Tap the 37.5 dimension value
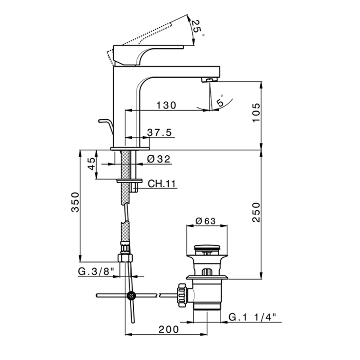tap(159, 132)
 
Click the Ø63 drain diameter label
tap(205, 222)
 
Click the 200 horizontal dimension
tap(168, 329)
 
